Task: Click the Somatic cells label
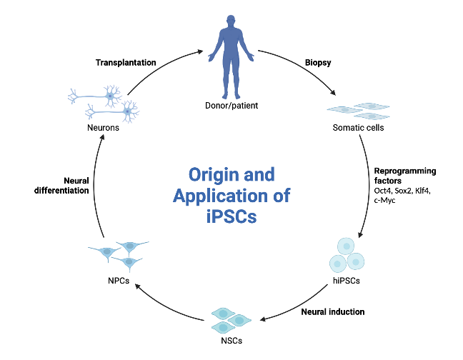point(356,128)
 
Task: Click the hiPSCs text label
point(346,281)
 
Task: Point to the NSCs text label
point(231,341)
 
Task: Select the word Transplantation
point(126,62)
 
